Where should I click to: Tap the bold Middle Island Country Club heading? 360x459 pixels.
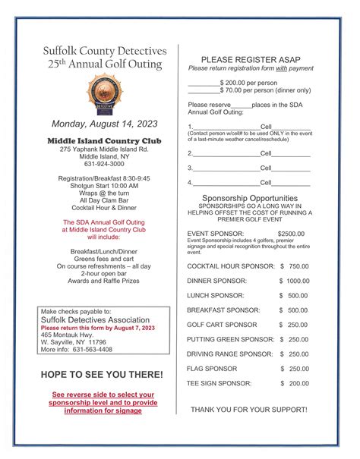coord(103,140)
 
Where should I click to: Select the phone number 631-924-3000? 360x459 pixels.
coord(103,164)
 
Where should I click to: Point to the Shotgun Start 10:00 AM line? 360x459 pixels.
coord(103,186)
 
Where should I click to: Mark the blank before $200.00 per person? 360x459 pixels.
coord(203,81)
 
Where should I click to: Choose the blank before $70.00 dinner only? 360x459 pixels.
coord(203,90)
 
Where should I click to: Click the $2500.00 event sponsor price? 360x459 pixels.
coord(292,234)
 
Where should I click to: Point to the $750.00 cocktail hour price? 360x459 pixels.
coord(295,266)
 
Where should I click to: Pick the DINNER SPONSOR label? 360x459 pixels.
coord(216,281)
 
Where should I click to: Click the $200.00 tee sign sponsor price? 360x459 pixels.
coord(295,383)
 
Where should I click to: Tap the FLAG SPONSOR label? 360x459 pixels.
coord(213,369)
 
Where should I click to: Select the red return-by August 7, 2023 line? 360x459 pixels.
coord(97,328)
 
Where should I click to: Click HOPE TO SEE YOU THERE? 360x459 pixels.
coord(102,375)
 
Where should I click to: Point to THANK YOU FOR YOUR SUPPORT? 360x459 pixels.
coord(249,410)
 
